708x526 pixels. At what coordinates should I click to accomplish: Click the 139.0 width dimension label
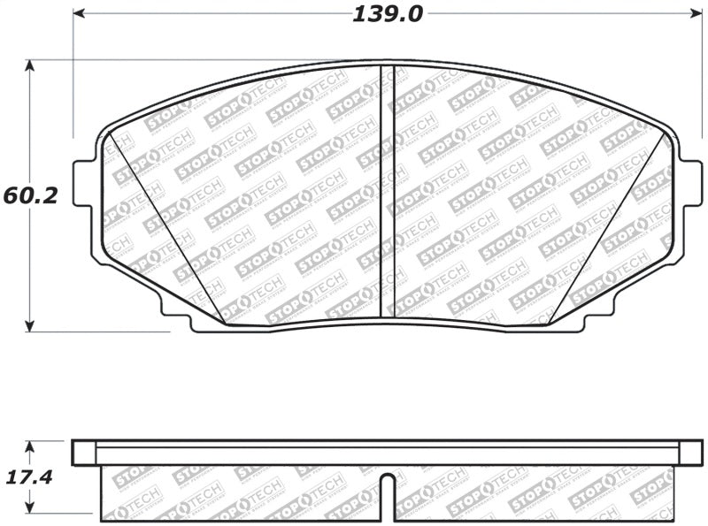pyautogui.click(x=388, y=14)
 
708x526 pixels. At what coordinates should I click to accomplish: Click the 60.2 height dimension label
pyautogui.click(x=30, y=195)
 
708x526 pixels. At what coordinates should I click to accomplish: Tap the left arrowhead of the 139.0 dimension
pyautogui.click(x=78, y=13)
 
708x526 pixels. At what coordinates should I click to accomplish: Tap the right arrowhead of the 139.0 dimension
pyautogui.click(x=696, y=13)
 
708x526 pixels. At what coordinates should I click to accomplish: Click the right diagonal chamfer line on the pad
pyautogui.click(x=611, y=230)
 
